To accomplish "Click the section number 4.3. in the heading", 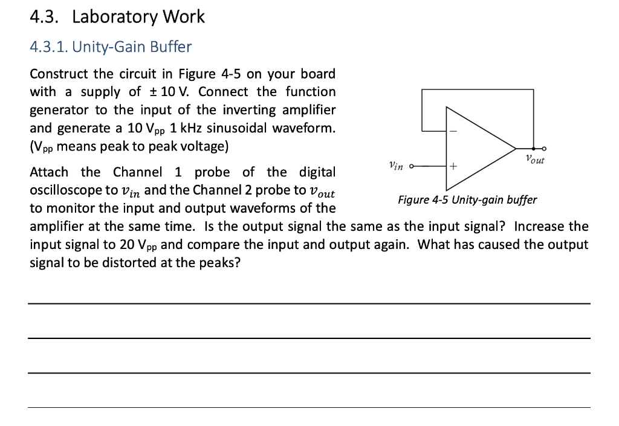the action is pos(44,17).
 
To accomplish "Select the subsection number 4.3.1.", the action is pos(49,47).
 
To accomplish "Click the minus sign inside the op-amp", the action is pos(453,131).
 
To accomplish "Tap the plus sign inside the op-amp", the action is pos(453,166).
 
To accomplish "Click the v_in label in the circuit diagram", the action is pos(396,166).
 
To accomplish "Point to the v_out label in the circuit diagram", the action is pos(535,159).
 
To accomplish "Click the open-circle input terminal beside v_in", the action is pos(411,166).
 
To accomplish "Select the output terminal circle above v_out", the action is pos(544,149).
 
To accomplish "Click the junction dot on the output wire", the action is pos(533,149).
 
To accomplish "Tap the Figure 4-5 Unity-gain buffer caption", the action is pos(467,200).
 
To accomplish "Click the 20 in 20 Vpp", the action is pos(127,245).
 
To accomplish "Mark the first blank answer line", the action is pos(309,304).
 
